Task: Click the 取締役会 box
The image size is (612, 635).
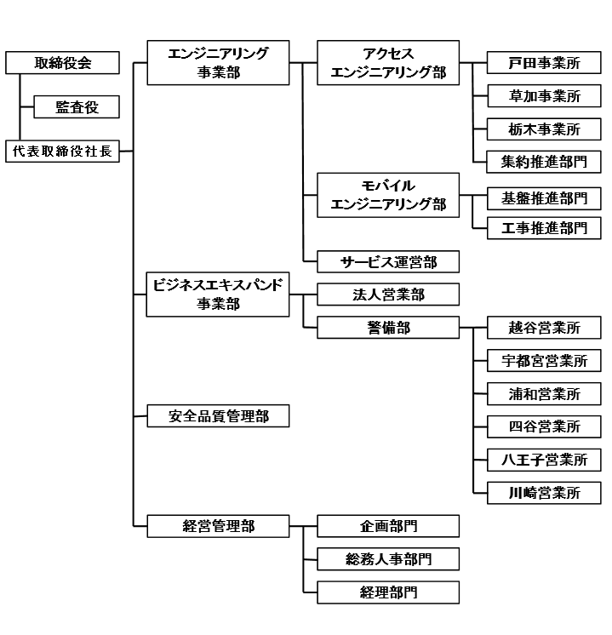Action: (62, 62)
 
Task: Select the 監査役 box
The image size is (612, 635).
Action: (76, 106)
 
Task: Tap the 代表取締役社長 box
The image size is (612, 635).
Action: (62, 151)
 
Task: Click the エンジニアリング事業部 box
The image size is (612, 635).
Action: (218, 62)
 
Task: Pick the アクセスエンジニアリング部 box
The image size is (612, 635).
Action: (388, 62)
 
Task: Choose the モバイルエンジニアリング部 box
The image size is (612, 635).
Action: (388, 194)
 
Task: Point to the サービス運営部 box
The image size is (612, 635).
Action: (388, 260)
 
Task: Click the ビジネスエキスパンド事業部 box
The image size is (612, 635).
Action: (218, 294)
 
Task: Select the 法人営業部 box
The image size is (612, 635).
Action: (388, 295)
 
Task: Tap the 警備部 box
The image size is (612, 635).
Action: (388, 327)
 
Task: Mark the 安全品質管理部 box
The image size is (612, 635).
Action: (218, 416)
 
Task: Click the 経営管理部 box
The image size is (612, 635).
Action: (218, 526)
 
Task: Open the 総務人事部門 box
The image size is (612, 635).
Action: (388, 558)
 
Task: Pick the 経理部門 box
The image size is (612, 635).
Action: (388, 592)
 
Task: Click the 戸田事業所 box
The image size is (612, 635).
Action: (544, 63)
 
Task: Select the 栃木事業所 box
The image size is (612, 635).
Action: (544, 129)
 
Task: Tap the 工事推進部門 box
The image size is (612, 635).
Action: (544, 227)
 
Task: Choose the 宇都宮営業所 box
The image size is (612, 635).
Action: (544, 360)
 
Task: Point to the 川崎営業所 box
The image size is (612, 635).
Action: (544, 492)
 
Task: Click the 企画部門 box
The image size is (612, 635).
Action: (388, 526)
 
